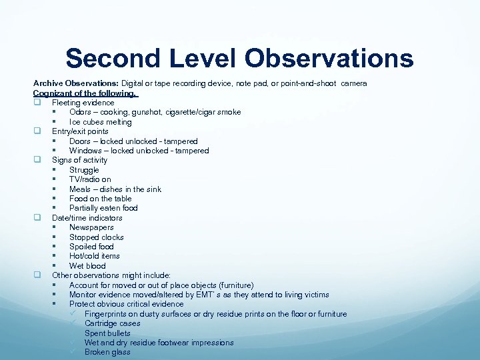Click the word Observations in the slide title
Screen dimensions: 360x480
(x=329, y=58)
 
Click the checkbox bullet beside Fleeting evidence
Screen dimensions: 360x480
(x=37, y=103)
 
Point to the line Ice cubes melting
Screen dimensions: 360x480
(x=100, y=122)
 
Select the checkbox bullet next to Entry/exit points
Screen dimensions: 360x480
(x=37, y=131)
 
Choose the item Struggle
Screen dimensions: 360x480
(x=84, y=170)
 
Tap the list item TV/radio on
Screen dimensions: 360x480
(x=90, y=179)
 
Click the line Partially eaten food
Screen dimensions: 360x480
(x=103, y=208)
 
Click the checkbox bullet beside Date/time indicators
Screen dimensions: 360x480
(x=37, y=218)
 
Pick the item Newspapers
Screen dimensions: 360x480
(x=91, y=227)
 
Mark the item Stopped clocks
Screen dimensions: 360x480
(x=96, y=237)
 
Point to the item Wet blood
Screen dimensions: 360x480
(x=87, y=266)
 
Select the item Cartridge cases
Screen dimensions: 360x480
(x=112, y=323)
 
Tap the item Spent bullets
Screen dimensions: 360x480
(x=107, y=333)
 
